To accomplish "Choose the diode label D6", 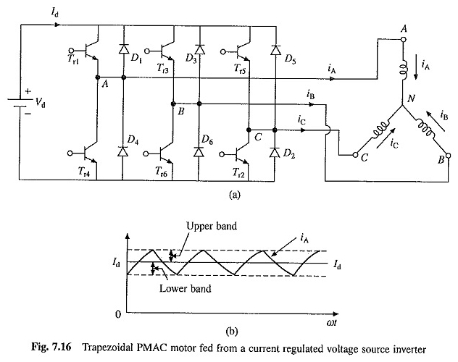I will pos(207,138).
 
